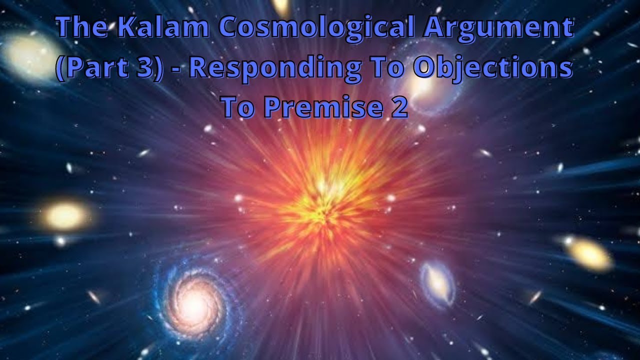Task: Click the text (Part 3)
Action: pos(109,68)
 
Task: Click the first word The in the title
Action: pos(82,28)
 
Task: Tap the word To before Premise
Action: pos(237,106)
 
